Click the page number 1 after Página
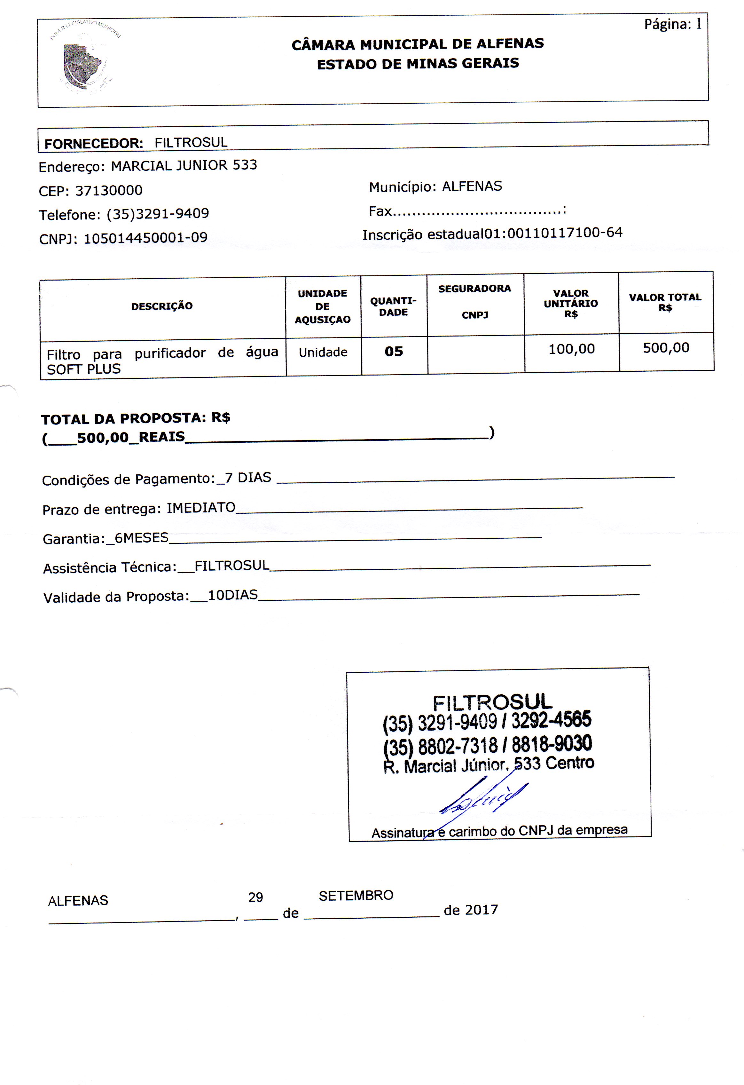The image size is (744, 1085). pyautogui.click(x=698, y=24)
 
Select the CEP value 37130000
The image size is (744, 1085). pyautogui.click(x=109, y=190)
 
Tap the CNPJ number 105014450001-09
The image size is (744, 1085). pyautogui.click(x=145, y=238)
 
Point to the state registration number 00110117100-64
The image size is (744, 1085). pyautogui.click(x=564, y=233)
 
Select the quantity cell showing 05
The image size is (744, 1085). pyautogui.click(x=394, y=352)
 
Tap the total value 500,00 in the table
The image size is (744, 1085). pyautogui.click(x=666, y=348)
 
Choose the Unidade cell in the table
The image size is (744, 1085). pyautogui.click(x=323, y=352)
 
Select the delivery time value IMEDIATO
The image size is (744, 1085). pyautogui.click(x=201, y=508)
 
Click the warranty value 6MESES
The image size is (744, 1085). pyautogui.click(x=141, y=538)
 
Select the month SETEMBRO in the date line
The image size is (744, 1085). pyautogui.click(x=356, y=895)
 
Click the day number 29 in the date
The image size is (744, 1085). pyautogui.click(x=255, y=897)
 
